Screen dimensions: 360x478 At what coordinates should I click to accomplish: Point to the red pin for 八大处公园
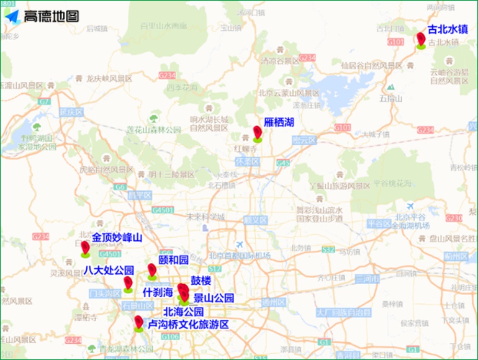pyautogui.click(x=128, y=283)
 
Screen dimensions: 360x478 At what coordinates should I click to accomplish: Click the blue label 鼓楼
pyautogui.click(x=201, y=281)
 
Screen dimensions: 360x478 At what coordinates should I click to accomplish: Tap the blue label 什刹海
pyautogui.click(x=157, y=293)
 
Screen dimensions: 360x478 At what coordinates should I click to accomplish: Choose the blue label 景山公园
pyautogui.click(x=213, y=298)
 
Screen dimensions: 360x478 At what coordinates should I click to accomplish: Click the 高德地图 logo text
pyautogui.click(x=51, y=16)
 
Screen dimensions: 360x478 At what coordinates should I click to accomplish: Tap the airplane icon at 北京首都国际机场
pyautogui.click(x=240, y=245)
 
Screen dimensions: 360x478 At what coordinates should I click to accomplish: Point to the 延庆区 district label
pyautogui.click(x=72, y=112)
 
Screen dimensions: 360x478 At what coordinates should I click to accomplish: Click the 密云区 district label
pyautogui.click(x=304, y=140)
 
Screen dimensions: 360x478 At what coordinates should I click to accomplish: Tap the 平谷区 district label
pyautogui.click(x=380, y=224)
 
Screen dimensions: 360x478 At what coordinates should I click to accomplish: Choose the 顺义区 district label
pyautogui.click(x=255, y=220)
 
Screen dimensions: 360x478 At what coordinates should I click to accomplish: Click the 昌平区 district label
pyautogui.click(x=140, y=195)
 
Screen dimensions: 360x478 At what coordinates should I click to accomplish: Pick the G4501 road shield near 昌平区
pyautogui.click(x=163, y=210)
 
